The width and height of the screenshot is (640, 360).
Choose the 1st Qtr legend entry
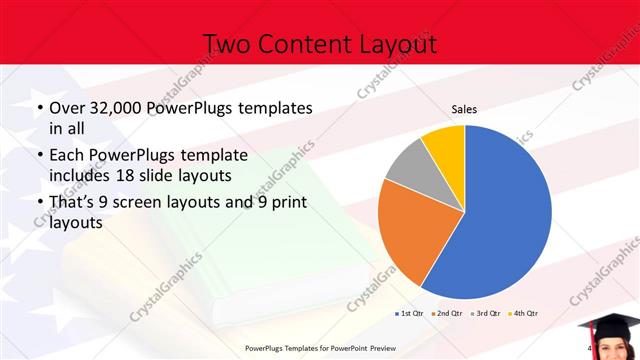[x=408, y=314]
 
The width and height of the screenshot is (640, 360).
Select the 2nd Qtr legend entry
[x=445, y=314]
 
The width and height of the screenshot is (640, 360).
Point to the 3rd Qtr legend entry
[x=484, y=314]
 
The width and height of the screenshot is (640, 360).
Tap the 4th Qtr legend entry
[x=522, y=314]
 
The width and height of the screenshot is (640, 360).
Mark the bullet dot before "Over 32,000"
[x=39, y=108]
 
